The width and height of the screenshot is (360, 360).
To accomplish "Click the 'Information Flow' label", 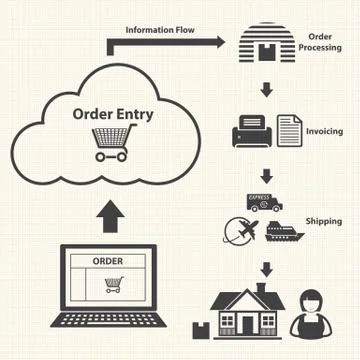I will [x=160, y=30].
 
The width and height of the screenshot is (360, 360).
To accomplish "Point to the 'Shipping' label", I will [x=324, y=220].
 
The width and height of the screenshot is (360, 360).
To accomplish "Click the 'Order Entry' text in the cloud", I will [x=113, y=113].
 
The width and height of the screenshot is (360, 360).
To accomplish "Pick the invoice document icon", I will [x=288, y=130].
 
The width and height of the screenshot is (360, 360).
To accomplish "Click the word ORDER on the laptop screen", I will [x=108, y=261].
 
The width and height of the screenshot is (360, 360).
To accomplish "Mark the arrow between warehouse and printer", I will [x=267, y=90].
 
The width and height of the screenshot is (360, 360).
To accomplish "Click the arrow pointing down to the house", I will [x=267, y=267].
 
